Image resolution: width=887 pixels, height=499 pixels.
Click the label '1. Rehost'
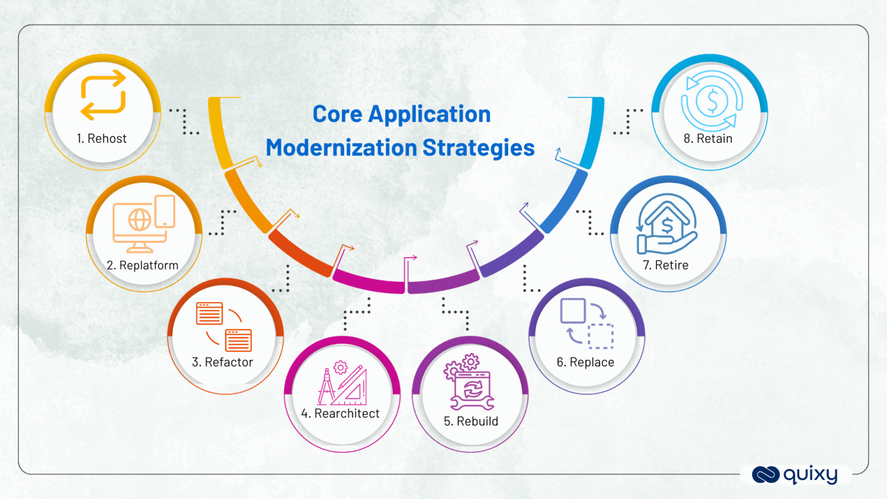click(102, 139)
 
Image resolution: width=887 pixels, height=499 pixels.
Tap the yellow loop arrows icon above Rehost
click(103, 95)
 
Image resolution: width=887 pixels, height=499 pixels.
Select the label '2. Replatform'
click(143, 266)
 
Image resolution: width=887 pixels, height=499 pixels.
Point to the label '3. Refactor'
click(222, 362)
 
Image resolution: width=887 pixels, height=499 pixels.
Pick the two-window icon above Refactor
click(224, 327)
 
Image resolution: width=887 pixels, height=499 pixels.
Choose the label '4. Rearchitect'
click(340, 414)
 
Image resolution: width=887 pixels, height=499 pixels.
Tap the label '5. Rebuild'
click(471, 421)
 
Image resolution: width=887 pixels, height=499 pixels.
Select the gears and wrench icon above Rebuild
click(469, 382)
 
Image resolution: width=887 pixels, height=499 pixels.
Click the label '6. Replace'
click(585, 362)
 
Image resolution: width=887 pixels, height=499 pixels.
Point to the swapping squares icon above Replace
click(587, 323)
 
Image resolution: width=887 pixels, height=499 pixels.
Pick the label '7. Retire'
click(665, 265)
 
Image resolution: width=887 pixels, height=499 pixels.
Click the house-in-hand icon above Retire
click(667, 225)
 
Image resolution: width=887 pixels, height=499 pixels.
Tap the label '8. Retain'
click(708, 139)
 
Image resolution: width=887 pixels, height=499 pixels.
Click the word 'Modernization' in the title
click(341, 148)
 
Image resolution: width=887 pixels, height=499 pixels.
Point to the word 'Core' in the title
click(337, 114)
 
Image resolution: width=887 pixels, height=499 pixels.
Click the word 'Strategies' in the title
click(479, 148)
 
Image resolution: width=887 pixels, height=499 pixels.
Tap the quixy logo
click(795, 475)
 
